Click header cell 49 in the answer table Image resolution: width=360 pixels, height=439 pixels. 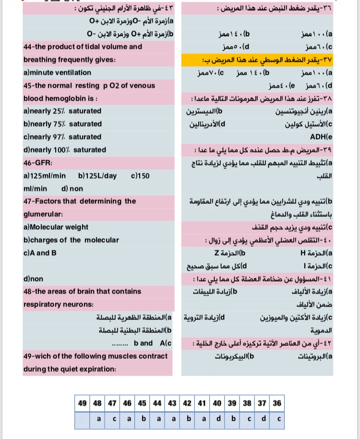click(x=83, y=404)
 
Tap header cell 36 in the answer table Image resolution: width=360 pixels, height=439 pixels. click(x=277, y=404)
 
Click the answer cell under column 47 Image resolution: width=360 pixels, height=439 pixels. click(x=112, y=419)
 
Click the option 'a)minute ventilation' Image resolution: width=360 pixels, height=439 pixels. click(x=57, y=72)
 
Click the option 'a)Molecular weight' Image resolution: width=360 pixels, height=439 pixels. click(x=56, y=227)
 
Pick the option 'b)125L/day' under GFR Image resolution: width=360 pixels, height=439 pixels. click(x=97, y=176)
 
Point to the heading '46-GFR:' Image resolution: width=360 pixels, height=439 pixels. click(x=36, y=163)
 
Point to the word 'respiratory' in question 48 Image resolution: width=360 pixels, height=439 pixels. click(x=45, y=304)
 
